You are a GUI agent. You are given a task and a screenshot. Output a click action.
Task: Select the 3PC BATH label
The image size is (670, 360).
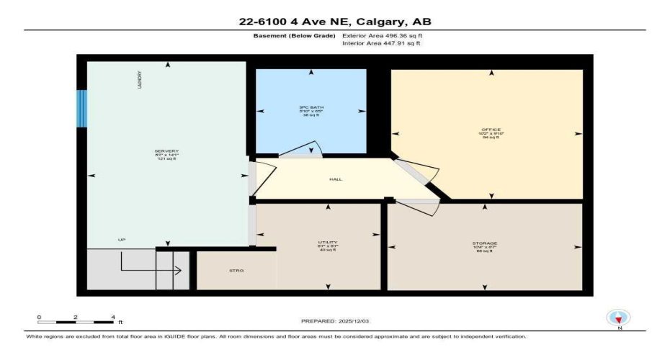pos(311,109)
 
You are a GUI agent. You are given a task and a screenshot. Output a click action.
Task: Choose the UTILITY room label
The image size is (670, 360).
pos(329,243)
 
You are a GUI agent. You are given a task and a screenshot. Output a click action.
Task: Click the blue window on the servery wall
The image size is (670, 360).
pos(82,109)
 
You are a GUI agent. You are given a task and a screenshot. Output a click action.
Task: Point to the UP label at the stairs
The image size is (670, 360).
pos(122,239)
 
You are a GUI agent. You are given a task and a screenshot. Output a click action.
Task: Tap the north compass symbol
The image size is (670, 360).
pos(617,317)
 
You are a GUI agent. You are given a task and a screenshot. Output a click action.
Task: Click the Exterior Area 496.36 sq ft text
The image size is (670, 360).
pos(381,35)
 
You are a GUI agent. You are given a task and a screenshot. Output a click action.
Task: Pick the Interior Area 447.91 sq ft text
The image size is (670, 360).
pos(381,43)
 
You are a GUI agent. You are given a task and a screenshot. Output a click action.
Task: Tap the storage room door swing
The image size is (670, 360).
pos(418,207)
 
